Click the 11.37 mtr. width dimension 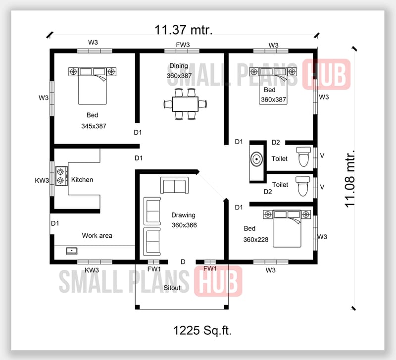[184, 30]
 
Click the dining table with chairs [185, 104]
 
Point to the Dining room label [178, 66]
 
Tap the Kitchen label [82, 180]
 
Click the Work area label [97, 236]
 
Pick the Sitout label [172, 288]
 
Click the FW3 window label [183, 45]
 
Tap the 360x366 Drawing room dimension [184, 225]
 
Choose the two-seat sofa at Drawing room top [174, 186]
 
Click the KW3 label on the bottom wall [92, 270]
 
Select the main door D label [183, 261]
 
